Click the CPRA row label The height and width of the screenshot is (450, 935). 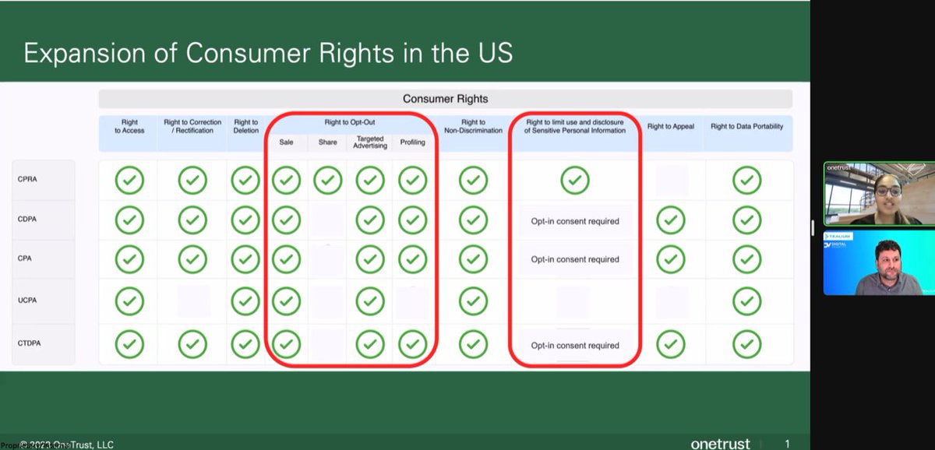27,179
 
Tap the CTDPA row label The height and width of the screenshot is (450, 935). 29,343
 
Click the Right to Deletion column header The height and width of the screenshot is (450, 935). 246,126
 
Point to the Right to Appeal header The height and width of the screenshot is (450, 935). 671,126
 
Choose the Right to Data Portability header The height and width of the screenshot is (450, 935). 746,126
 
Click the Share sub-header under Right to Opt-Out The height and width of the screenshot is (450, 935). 328,142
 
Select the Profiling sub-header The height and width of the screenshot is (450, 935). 412,142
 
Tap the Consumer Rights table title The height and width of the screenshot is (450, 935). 445,99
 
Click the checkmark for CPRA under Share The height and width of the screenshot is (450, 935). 328,181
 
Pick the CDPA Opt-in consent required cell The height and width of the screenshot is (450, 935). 575,221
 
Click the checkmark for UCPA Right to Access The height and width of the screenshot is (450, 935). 129,300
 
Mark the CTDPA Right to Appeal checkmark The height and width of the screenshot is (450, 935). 671,343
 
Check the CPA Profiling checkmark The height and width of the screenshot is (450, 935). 412,258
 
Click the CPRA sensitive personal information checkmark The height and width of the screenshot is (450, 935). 575,181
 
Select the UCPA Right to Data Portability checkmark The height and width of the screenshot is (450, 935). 746,300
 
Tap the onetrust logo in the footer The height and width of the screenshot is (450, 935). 720,444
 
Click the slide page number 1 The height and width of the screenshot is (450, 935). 787,444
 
